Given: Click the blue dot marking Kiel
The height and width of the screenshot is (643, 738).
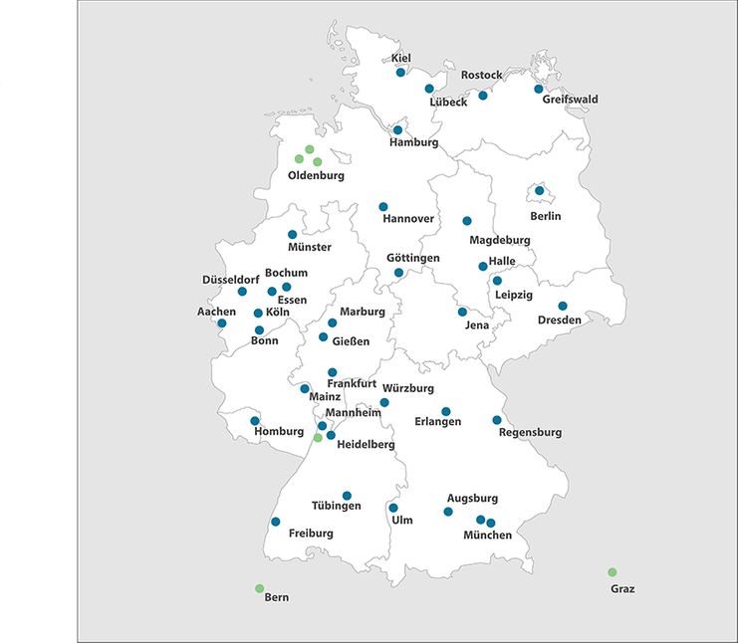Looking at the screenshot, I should pos(400,73).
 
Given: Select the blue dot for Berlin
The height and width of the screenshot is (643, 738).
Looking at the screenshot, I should pos(540,190).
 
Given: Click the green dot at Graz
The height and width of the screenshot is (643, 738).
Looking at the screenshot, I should pos(613,572).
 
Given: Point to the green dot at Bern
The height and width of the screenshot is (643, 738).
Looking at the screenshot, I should pos(259,588).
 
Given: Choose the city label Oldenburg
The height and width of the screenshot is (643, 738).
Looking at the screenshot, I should pos(316,176).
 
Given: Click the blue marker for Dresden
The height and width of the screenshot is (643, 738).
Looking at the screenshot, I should pos(563,306).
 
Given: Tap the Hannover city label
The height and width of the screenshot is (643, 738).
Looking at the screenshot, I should pos(408,219).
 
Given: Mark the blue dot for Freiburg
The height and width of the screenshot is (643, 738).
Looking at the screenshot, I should pos(276,522).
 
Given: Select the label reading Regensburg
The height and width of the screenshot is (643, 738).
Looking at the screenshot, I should pos(530,433).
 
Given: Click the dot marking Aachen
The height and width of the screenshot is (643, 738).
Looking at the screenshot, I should pos(222,323).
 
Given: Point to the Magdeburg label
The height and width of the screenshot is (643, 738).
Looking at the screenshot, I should pos(500,241).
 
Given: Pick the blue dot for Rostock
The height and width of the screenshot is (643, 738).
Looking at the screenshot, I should pos(483,96).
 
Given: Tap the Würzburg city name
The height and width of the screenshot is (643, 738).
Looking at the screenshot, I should pos(408,388).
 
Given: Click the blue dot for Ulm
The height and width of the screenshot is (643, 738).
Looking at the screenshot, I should pos(393,508).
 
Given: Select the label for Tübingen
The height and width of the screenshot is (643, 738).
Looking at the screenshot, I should pos(336,506).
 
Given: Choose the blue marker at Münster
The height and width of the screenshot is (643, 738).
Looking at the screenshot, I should pos(293,235).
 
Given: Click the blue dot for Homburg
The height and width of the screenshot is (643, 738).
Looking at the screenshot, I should pos(255,420).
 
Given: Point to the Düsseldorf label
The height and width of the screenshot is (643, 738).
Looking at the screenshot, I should pos(231,280).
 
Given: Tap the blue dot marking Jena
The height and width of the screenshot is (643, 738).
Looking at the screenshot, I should pos(462,312).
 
